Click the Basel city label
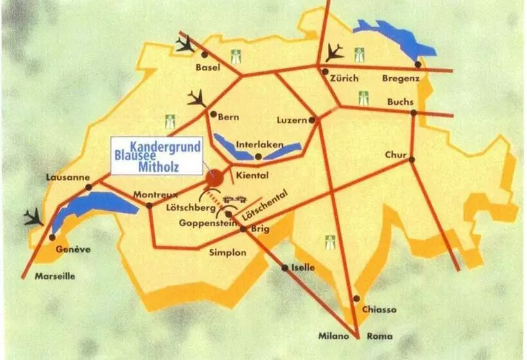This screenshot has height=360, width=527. [208, 67]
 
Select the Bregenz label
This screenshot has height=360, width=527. [400, 78]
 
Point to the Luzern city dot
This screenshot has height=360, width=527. [312, 120]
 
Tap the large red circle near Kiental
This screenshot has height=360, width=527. [215, 178]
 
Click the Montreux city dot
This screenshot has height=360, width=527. [149, 206]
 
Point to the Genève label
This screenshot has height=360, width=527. [73, 249]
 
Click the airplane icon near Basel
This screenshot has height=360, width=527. [186, 44]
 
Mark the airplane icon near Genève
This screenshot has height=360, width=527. [34, 218]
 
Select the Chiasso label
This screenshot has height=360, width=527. [379, 309]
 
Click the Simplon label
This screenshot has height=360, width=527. [228, 253]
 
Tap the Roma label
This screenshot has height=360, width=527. [379, 336]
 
